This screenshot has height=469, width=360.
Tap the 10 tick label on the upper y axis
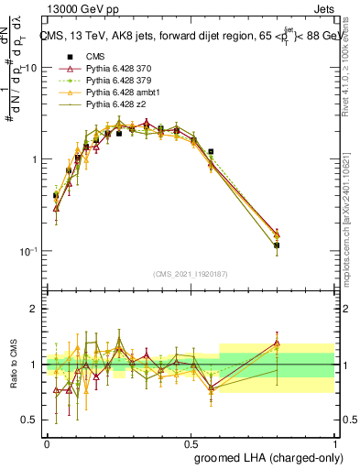click(31, 68)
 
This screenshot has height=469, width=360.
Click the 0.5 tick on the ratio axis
click(30, 420)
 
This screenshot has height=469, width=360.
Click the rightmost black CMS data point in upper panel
click(277, 245)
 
